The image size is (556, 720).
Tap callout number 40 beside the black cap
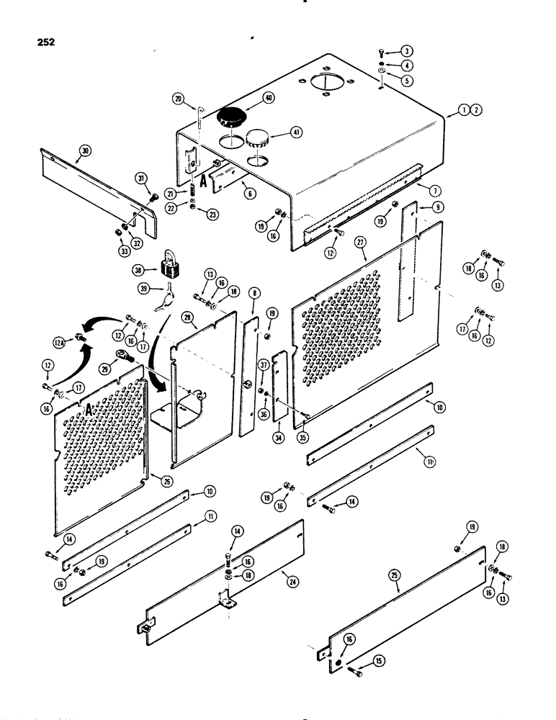[x=269, y=98]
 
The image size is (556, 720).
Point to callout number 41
[x=294, y=132]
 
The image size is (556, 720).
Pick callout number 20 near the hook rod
[x=178, y=99]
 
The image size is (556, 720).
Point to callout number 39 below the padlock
[x=145, y=290]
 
